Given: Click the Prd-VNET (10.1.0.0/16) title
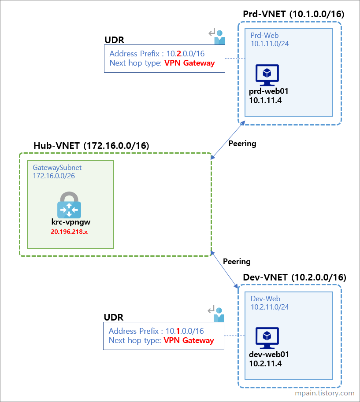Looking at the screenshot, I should point(293,14).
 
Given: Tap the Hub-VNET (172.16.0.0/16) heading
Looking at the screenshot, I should point(91,145).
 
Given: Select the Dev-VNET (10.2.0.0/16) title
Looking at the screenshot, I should point(294,277).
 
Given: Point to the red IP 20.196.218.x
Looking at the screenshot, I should point(69,231).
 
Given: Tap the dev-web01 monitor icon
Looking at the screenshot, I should point(267,339).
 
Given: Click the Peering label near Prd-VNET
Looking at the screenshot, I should point(242,144).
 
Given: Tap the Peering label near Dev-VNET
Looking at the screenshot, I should point(237,262).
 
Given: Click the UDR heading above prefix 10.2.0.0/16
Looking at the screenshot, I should point(114,40).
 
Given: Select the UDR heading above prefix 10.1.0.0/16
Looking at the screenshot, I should point(113,317).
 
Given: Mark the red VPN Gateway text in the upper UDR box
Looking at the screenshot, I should point(189,63).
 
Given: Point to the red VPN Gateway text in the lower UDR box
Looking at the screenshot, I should point(189,340).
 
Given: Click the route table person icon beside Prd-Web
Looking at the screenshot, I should point(217,37).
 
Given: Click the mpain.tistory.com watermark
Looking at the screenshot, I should point(325,393).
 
